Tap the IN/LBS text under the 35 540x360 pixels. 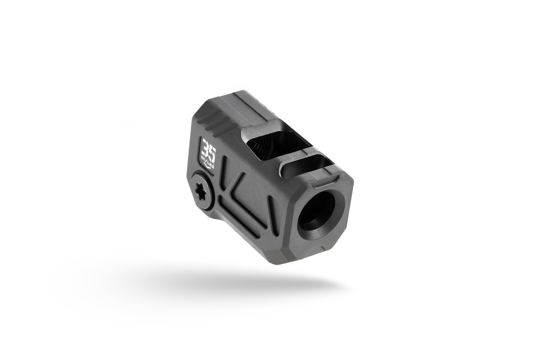pyautogui.click(x=209, y=161)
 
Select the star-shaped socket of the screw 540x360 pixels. pyautogui.click(x=201, y=192)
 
